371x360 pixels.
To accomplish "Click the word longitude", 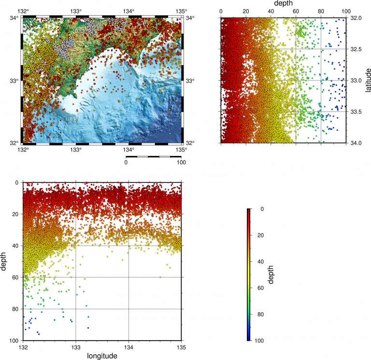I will (x=102, y=356).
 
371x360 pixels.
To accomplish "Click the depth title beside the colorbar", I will (x=271, y=275).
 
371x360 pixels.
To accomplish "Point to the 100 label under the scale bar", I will (x=181, y=162).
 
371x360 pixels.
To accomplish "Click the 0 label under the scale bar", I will (x=126, y=162).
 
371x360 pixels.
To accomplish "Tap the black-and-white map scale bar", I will (x=154, y=156).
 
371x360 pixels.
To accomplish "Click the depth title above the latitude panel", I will (x=284, y=4).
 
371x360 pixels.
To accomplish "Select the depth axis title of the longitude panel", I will (x=4, y=262).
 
